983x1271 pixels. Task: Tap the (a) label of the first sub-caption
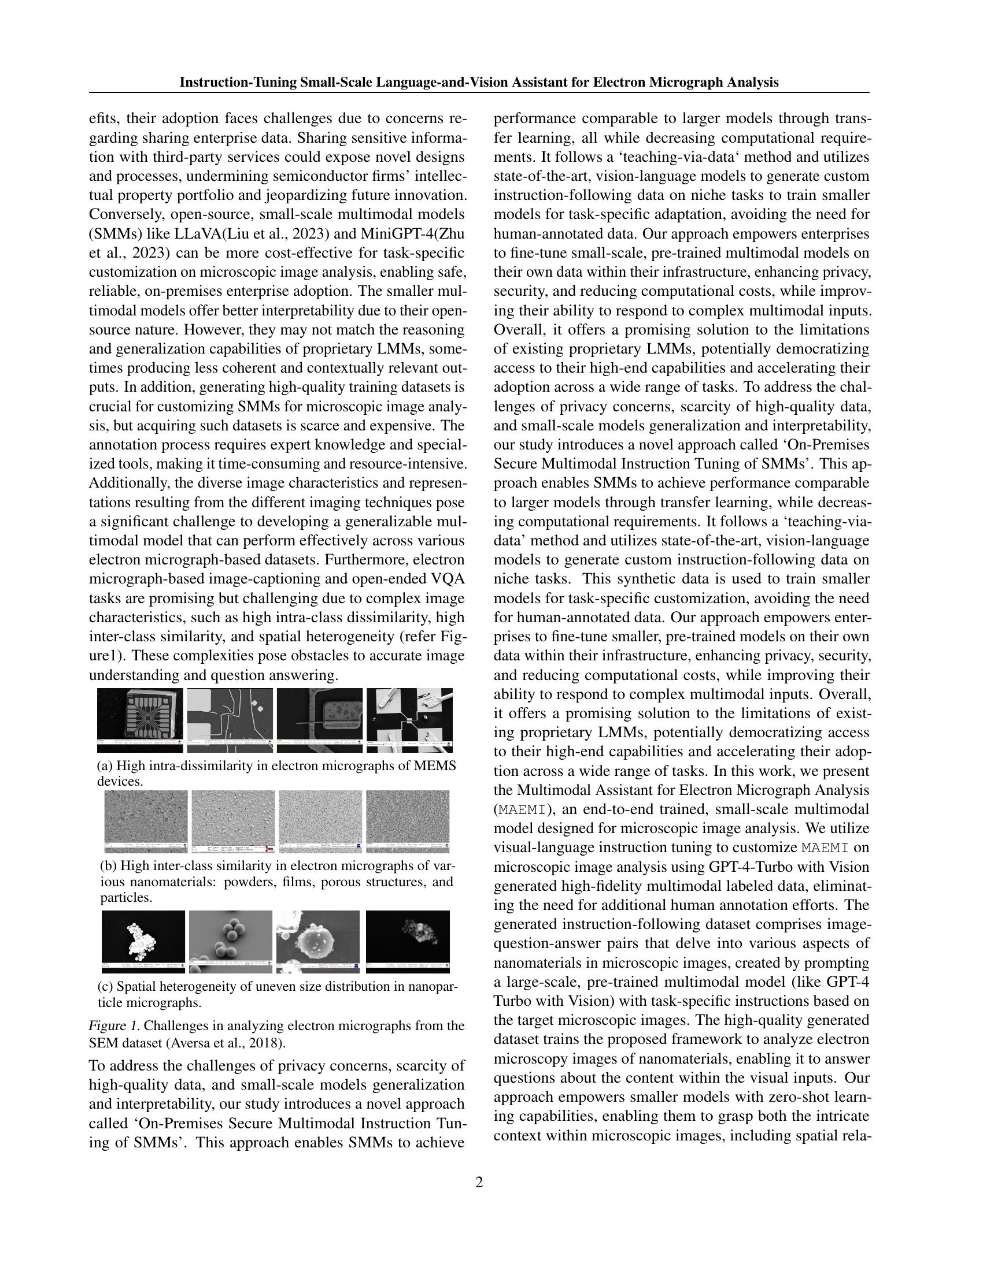tap(105, 765)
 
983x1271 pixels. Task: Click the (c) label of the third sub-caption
tap(105, 986)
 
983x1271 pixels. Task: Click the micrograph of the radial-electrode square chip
tap(140, 720)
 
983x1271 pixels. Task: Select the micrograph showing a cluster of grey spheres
tap(231, 941)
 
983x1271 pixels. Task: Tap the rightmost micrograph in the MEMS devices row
tap(409, 720)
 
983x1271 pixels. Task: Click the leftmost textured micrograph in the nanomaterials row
tap(146, 820)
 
